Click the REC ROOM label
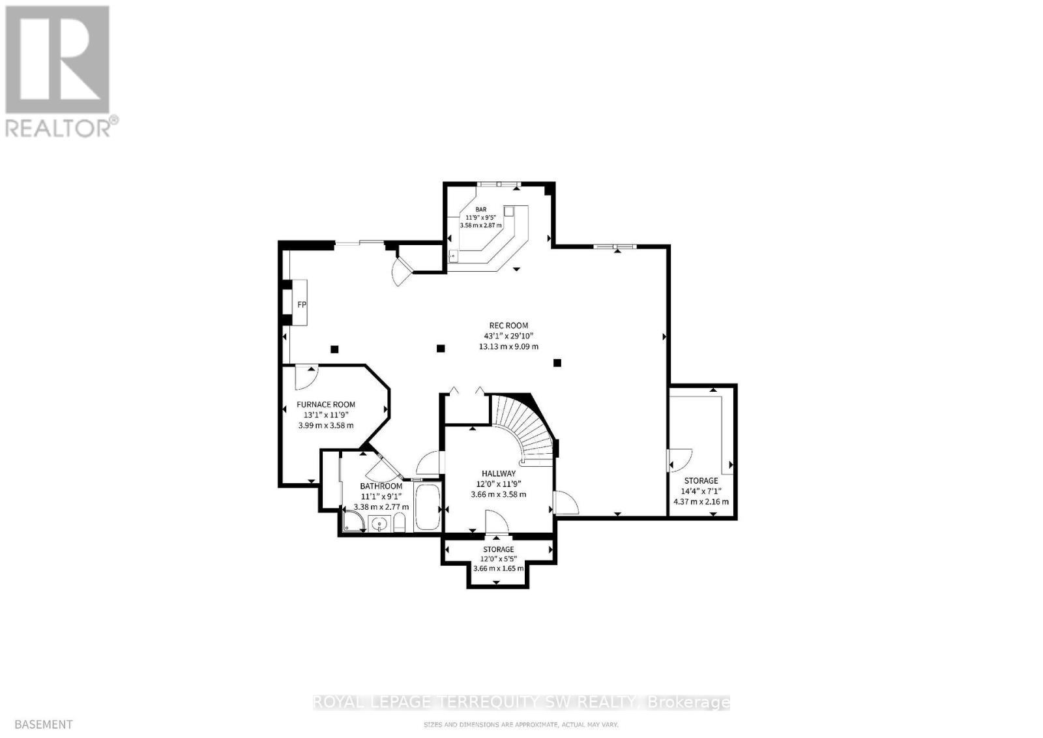tap(508, 325)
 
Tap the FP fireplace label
tap(302, 304)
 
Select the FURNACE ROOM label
tap(326, 404)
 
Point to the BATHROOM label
tap(381, 486)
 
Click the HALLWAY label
tap(499, 473)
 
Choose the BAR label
tap(481, 209)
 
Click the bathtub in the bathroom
tap(427, 507)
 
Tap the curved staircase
tap(525, 427)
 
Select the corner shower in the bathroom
tap(353, 522)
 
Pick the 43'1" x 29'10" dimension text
tap(508, 336)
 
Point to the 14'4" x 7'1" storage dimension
tap(701, 491)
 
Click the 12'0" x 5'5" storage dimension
tap(498, 559)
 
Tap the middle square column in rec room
tap(441, 348)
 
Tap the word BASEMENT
tap(43, 724)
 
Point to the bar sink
tap(453, 256)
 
